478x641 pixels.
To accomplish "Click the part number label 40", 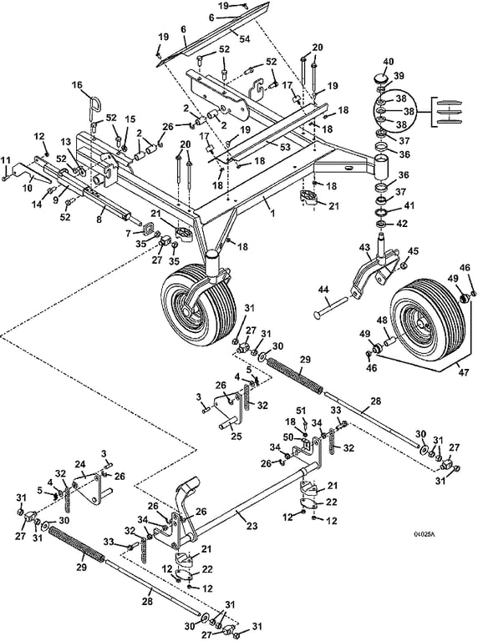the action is [x=388, y=62].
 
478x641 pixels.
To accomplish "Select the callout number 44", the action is [x=323, y=290].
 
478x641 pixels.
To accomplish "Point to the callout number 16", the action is [x=77, y=85].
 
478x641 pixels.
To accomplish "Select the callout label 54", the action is [x=245, y=39].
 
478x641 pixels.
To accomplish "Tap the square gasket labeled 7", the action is [x=147, y=226].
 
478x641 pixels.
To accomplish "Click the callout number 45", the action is [x=414, y=251].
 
